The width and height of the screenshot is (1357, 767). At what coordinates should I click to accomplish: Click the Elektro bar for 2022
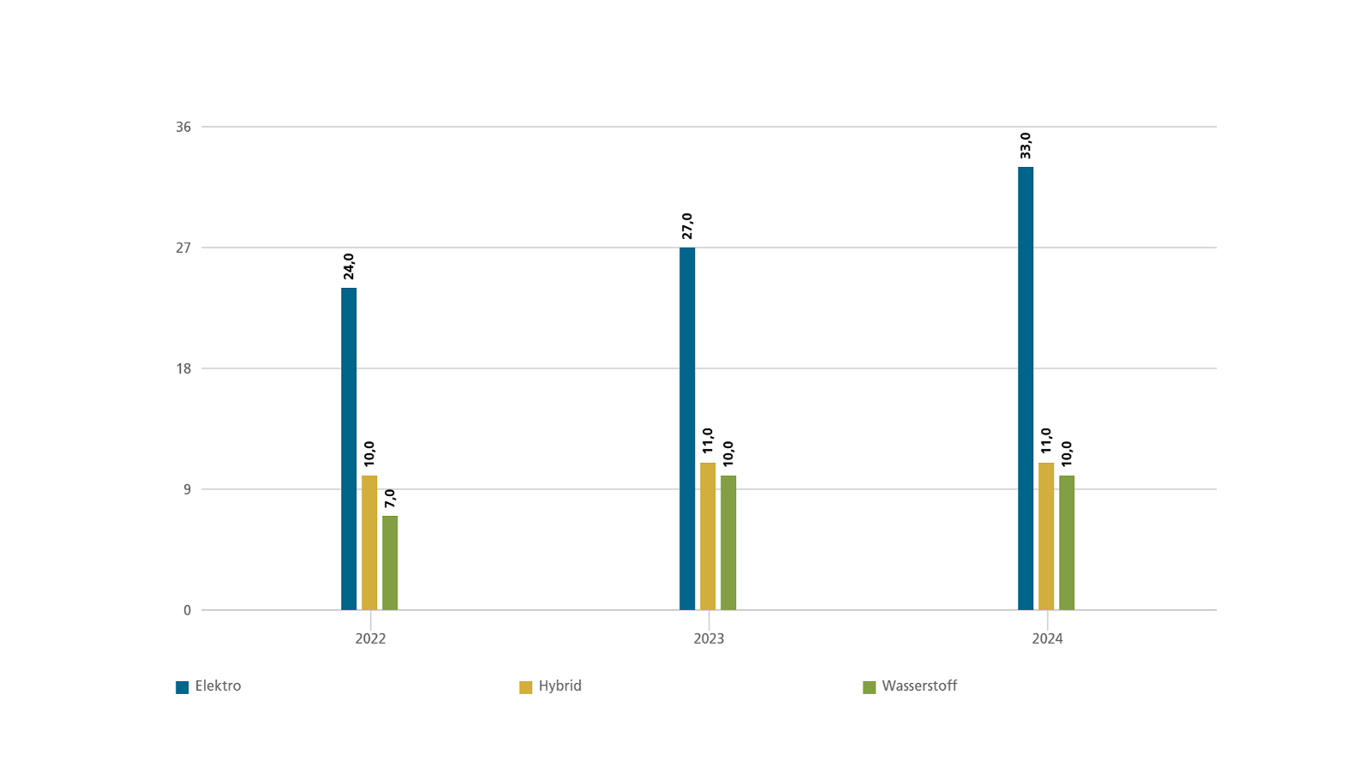click(349, 449)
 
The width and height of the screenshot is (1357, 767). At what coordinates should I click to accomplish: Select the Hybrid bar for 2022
click(369, 542)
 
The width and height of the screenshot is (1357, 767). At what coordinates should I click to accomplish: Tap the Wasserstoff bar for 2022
click(390, 563)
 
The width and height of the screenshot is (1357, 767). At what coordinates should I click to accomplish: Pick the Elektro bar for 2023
click(687, 428)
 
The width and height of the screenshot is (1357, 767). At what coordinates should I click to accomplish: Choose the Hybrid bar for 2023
click(708, 536)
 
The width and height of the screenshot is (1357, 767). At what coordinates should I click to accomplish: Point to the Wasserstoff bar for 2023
click(728, 542)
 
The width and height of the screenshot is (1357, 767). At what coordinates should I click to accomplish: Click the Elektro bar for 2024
click(1025, 388)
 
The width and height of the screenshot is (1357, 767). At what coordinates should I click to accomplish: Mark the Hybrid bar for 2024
click(1046, 536)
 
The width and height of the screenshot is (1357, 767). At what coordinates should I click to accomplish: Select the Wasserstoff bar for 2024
click(1067, 542)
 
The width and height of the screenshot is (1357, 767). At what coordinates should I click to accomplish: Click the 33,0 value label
click(1025, 146)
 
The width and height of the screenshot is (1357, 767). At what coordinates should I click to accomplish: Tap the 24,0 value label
click(349, 267)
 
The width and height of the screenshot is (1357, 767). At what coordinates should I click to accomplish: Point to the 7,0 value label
click(390, 499)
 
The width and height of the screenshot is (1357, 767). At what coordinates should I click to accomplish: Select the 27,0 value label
click(687, 226)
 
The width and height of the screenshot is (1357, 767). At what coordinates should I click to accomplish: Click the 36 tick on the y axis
click(183, 127)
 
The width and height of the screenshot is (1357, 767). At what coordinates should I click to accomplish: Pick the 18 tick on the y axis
click(183, 369)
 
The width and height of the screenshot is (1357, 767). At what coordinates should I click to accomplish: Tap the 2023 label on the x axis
click(708, 639)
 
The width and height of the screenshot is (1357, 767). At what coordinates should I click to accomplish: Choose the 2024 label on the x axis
click(1047, 639)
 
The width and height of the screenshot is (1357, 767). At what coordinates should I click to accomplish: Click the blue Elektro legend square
click(182, 687)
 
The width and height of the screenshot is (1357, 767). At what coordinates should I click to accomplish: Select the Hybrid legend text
click(560, 686)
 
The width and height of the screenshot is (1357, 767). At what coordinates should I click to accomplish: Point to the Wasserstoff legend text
click(919, 686)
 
